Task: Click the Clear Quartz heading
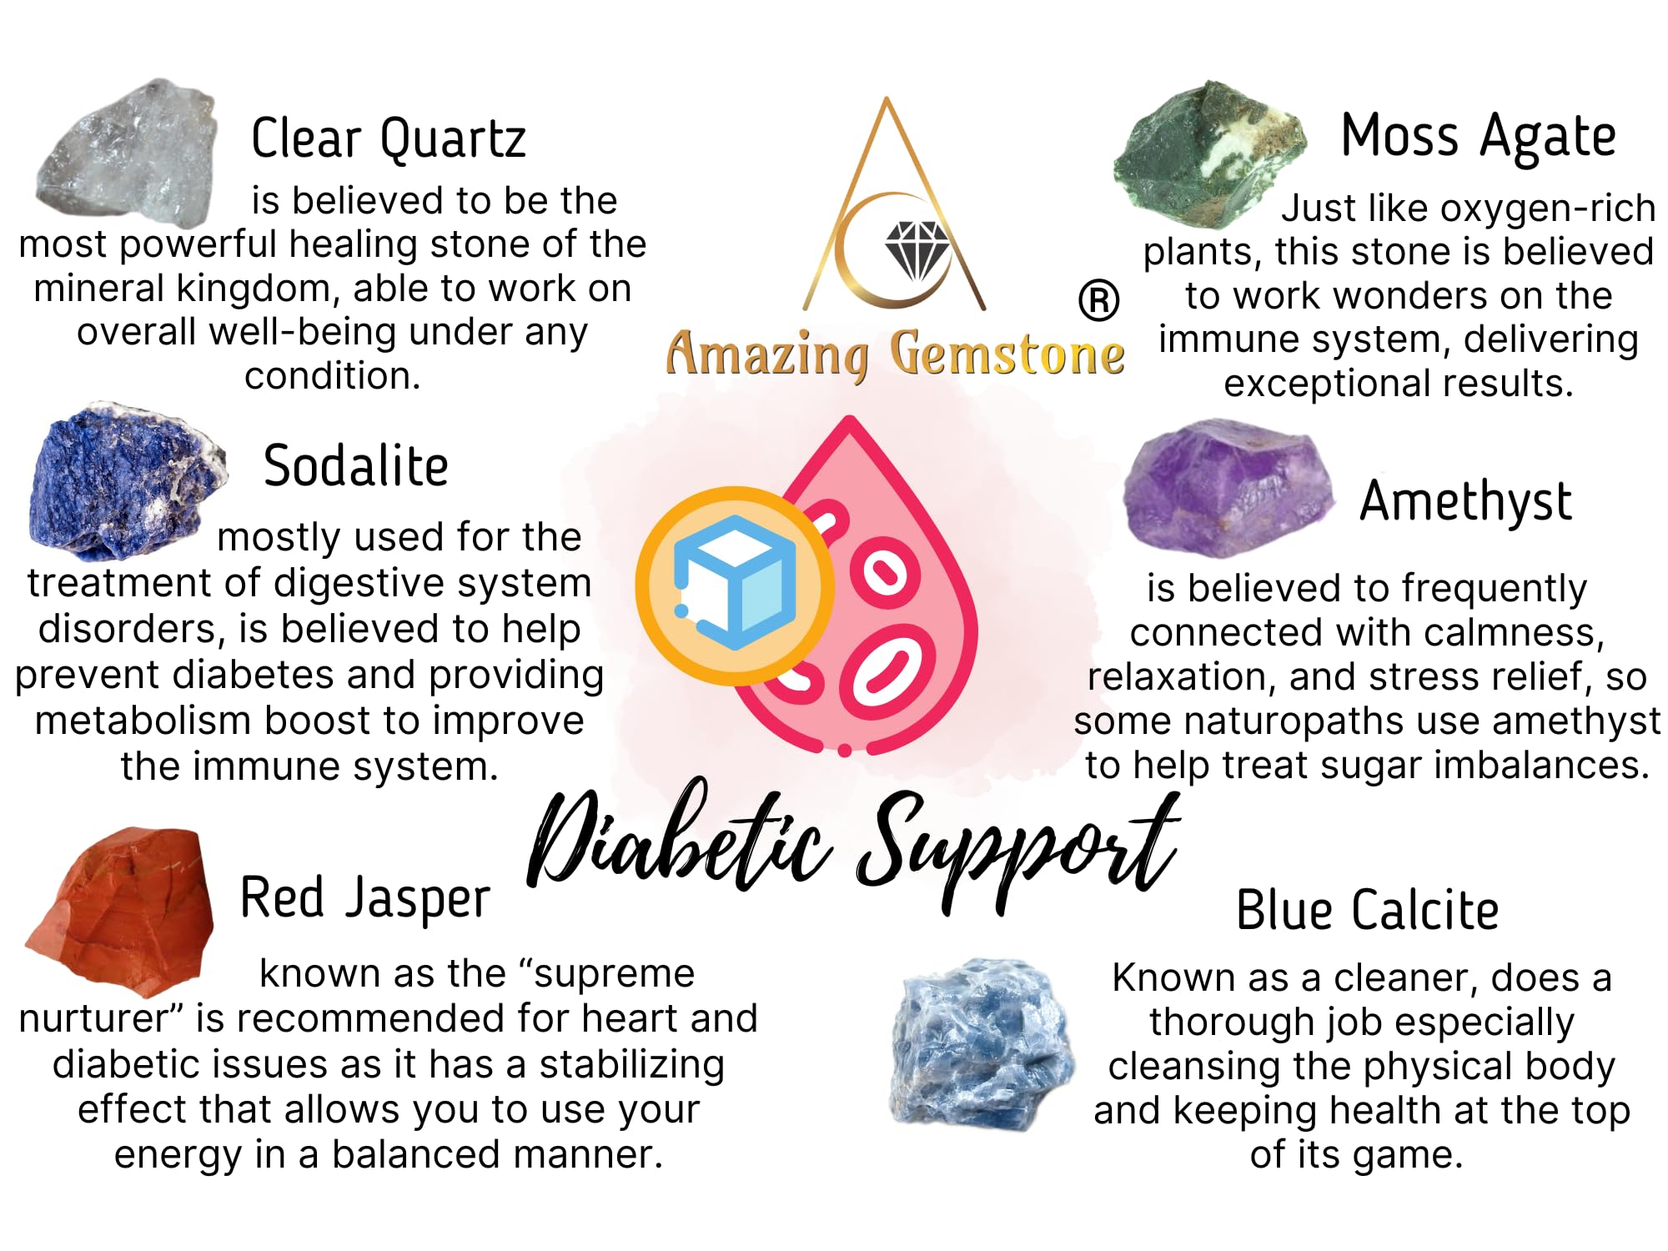click(x=389, y=138)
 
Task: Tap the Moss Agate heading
click(x=1478, y=137)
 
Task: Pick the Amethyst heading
click(x=1465, y=501)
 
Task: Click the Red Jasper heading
click(x=365, y=899)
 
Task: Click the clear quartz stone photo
click(x=127, y=153)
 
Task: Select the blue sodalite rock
click(x=125, y=481)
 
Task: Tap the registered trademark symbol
click(x=1098, y=301)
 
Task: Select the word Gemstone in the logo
click(x=1007, y=354)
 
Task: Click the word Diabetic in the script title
click(x=680, y=842)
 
